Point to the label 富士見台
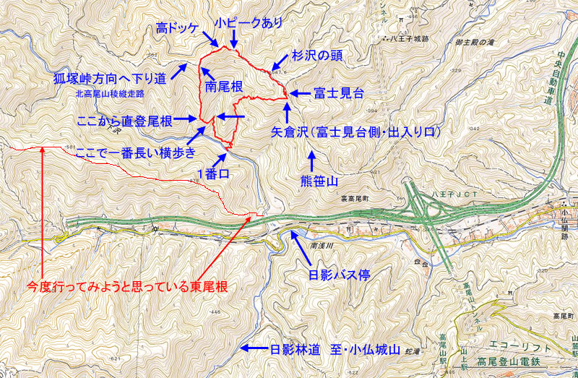338,93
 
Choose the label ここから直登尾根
124,121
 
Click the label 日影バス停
335,275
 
